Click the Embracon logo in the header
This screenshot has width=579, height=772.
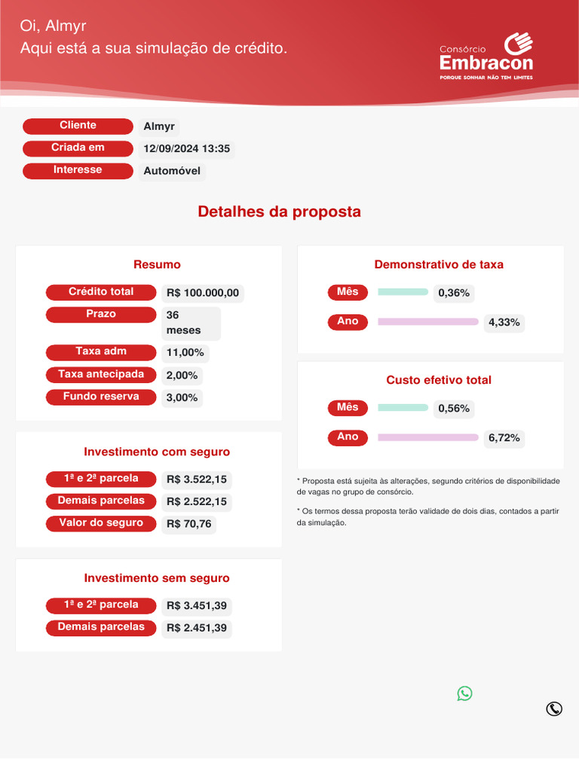(x=486, y=57)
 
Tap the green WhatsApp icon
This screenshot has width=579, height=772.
(x=464, y=694)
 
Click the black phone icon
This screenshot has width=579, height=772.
(x=554, y=709)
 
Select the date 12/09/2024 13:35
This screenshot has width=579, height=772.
(x=186, y=149)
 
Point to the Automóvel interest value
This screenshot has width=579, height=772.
(x=172, y=171)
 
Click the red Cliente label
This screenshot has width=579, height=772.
(x=78, y=126)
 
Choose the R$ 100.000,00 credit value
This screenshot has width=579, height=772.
(x=203, y=293)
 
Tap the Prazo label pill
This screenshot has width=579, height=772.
(x=101, y=314)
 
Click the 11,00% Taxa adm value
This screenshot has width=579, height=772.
(x=185, y=353)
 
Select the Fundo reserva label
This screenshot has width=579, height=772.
(x=101, y=397)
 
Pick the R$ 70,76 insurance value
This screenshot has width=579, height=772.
(x=188, y=524)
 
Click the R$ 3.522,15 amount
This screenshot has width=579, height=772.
(x=197, y=479)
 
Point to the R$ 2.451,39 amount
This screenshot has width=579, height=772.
(x=197, y=628)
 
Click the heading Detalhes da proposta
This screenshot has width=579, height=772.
(x=279, y=212)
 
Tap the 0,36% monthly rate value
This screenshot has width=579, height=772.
(x=454, y=293)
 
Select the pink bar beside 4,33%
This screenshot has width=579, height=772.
(x=427, y=322)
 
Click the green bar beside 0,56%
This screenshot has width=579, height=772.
(x=403, y=408)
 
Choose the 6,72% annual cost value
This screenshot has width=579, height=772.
(x=504, y=438)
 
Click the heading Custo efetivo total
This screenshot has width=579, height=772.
(x=439, y=380)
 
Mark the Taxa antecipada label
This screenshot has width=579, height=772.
(x=101, y=375)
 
